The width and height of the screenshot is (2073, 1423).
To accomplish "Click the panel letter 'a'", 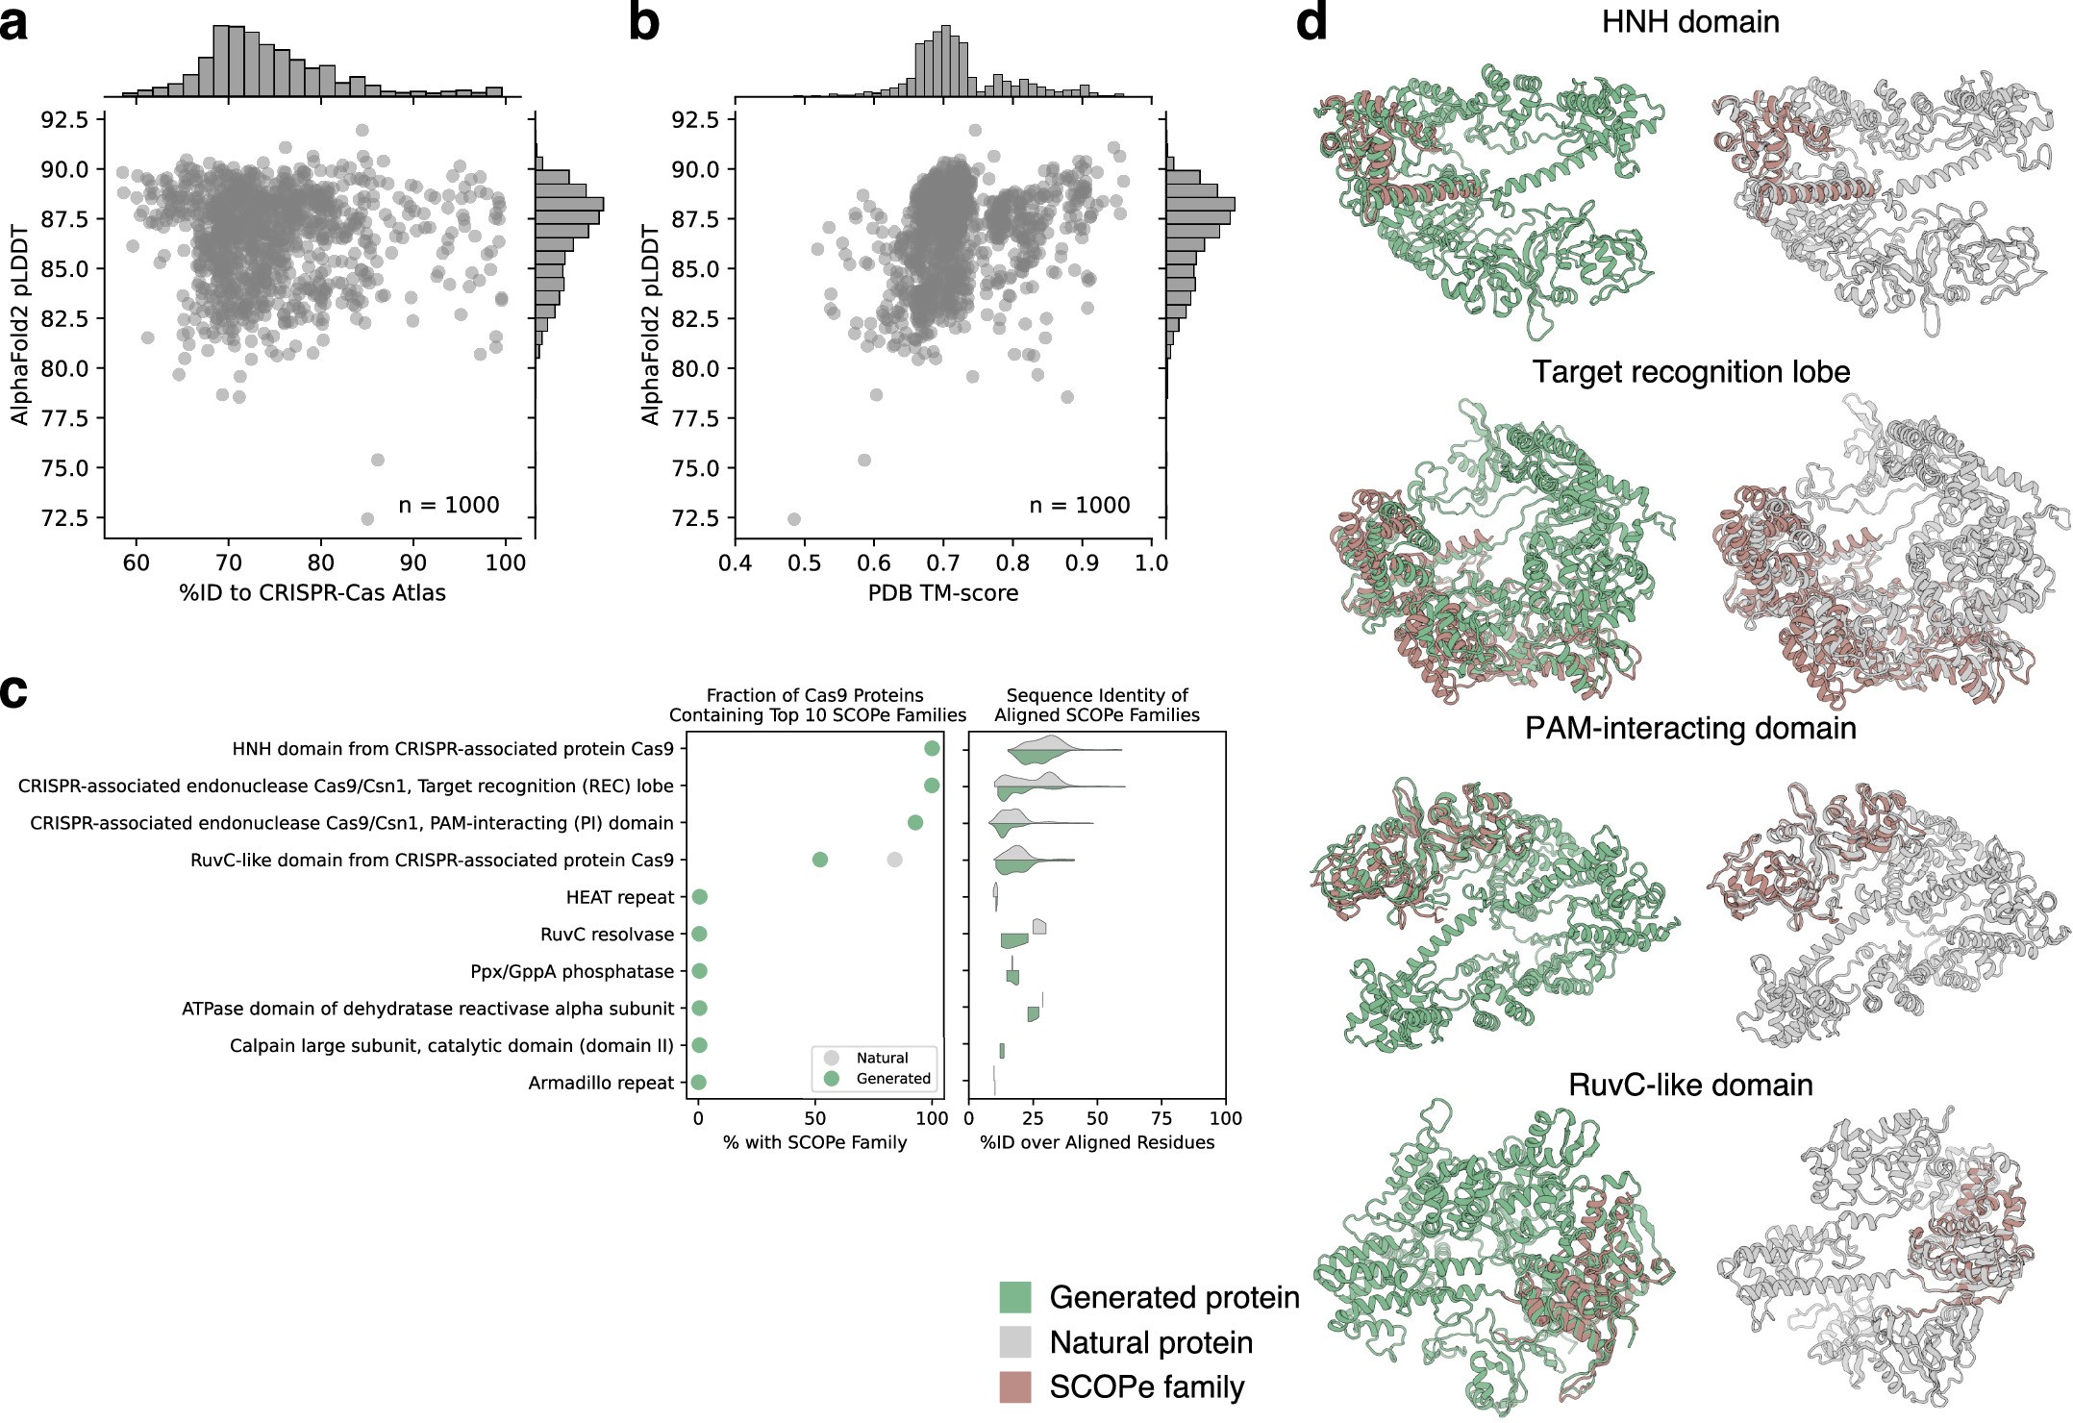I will point(15,23).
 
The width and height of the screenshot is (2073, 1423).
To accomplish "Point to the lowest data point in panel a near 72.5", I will point(367,519).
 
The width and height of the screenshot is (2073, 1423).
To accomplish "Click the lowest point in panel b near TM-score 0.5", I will point(794,519).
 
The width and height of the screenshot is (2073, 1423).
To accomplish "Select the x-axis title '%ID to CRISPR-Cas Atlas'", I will point(312,593).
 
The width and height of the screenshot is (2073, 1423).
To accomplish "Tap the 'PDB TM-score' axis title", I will point(942,593).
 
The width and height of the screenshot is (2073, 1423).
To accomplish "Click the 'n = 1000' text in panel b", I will point(1079,506).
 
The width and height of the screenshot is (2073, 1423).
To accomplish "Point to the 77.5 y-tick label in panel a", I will point(63,418).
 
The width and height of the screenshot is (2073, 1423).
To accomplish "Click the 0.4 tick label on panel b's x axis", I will point(735,563).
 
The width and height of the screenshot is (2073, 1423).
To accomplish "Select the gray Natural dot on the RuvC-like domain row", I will point(894,860).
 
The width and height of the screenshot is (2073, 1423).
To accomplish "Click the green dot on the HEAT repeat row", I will point(700,897).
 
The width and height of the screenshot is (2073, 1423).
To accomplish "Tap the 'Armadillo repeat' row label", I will point(601,1084).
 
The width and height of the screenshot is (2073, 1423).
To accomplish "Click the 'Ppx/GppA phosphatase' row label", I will point(572,972).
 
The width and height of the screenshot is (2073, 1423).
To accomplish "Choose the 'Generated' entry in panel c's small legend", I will point(892,1079).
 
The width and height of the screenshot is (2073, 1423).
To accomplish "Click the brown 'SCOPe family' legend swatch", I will point(1015,1387).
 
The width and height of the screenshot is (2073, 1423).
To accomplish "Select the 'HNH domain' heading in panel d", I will point(1689,21).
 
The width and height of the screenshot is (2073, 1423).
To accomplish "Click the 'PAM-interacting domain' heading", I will point(1689,728).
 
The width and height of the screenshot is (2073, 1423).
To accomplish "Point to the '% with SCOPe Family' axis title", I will point(814,1143).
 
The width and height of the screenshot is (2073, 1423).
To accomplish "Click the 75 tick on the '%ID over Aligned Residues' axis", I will point(1161,1119).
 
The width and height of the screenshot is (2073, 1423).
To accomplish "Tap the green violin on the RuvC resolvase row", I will point(1013,941).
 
